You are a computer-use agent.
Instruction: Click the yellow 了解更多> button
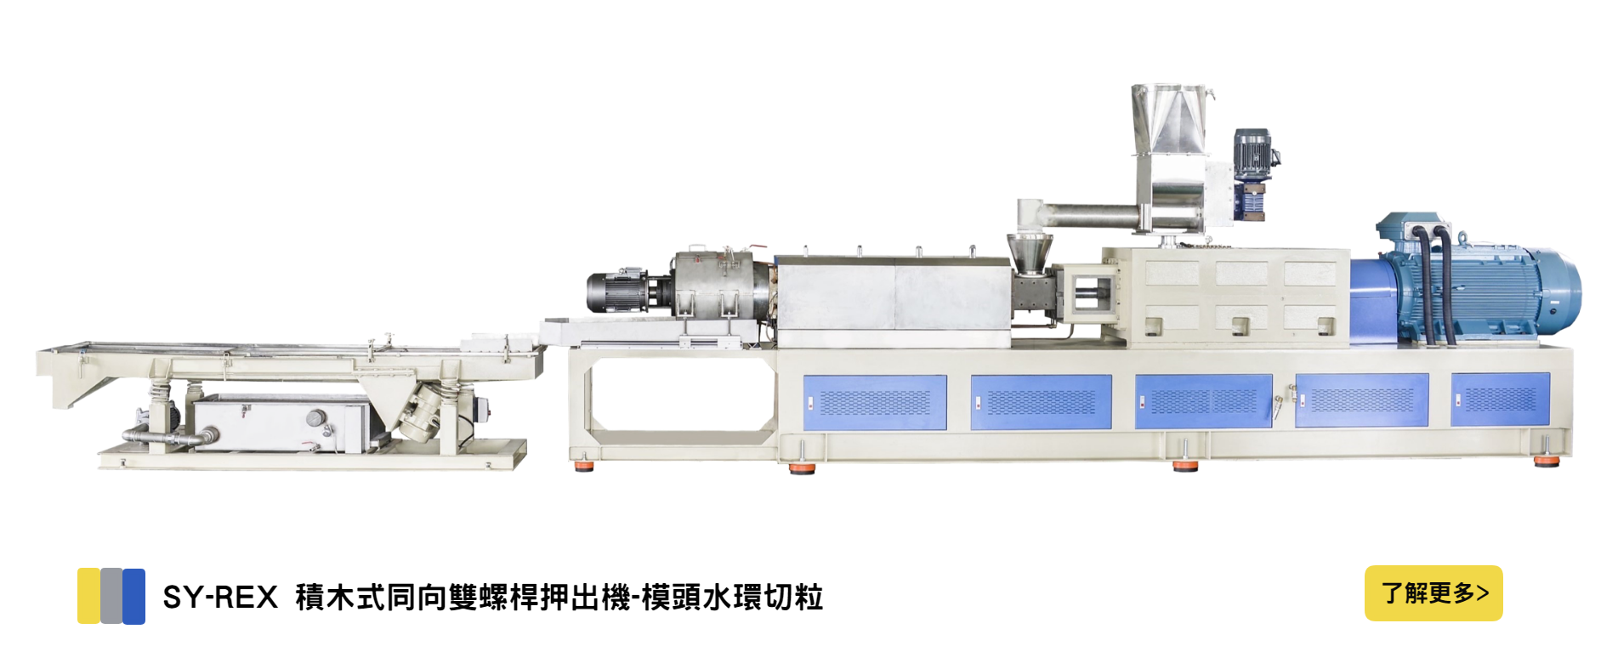tap(1433, 593)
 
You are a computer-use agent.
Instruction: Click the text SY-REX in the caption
tap(220, 598)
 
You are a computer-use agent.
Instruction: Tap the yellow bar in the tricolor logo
tap(88, 596)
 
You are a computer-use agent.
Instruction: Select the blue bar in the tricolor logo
tap(133, 596)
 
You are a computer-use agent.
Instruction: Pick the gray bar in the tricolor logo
tap(111, 596)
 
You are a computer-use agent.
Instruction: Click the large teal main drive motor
tap(1479, 280)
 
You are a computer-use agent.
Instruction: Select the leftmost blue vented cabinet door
tap(875, 402)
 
